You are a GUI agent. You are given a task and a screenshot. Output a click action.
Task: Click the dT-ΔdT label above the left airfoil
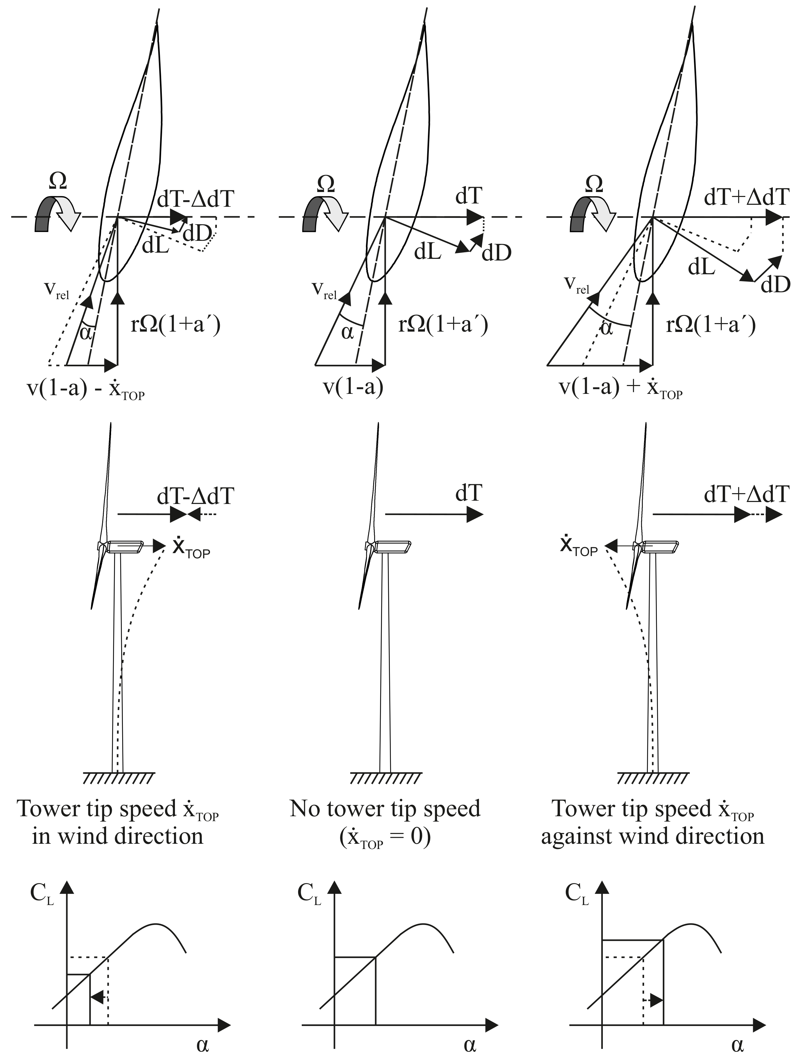click(x=195, y=198)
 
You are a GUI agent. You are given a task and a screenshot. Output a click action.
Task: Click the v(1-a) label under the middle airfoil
click(x=353, y=387)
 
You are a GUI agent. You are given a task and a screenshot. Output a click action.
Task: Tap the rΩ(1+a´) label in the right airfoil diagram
click(x=711, y=325)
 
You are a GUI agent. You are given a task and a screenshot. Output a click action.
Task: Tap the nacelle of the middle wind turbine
click(x=392, y=546)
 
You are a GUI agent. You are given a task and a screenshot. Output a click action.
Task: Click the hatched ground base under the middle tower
click(x=385, y=778)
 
